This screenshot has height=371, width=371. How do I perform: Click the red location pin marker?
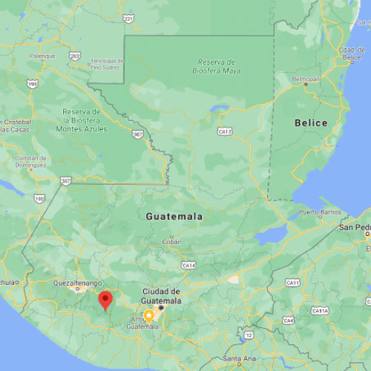pos(106,300)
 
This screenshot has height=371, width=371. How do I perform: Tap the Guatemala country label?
pos(174,217)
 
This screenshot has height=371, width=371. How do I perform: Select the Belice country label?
pos(310,122)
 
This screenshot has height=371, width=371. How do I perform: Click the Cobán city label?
pos(172,243)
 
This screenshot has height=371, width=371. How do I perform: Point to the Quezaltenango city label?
pos(76,283)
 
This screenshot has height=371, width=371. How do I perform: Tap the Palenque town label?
pos(42,56)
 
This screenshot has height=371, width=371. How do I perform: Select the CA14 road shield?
pos(188,265)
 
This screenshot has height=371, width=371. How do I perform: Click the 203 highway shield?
pos(75,56)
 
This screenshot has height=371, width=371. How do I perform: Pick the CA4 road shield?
pos(288,321)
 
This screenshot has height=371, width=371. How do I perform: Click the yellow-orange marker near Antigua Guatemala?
pos(148,315)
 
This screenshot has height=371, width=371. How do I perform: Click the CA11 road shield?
pos(294,283)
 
